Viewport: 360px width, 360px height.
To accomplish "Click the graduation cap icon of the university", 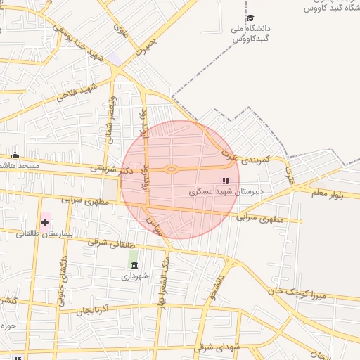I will click(250, 18).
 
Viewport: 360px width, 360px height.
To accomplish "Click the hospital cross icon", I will click(45, 223).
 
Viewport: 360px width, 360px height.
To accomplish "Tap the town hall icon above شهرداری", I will click(134, 264).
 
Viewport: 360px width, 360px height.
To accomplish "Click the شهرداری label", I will click(135, 276).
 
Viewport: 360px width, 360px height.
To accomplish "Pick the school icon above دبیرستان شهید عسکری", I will click(226, 181).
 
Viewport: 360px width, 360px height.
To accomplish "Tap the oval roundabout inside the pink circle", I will click(171, 169).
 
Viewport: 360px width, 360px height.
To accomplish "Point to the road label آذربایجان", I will click(95, 310).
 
